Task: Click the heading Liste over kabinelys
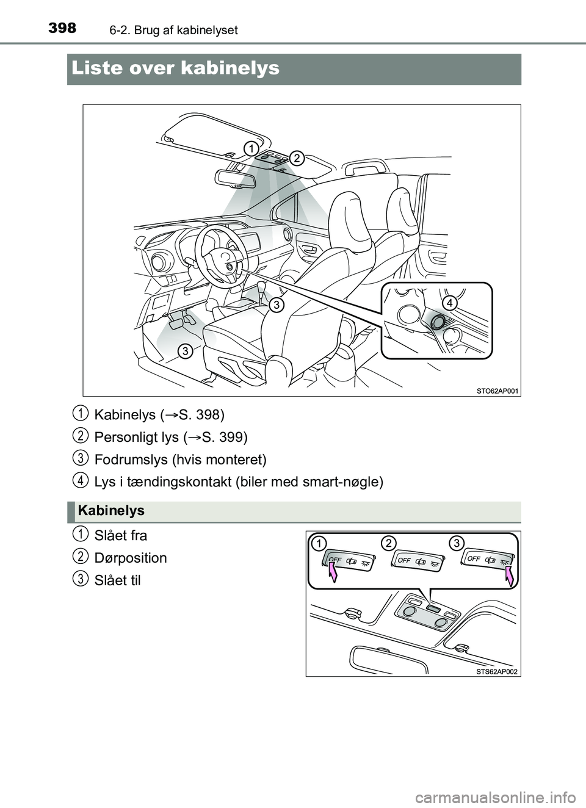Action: tap(175, 68)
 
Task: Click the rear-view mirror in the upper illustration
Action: tap(236, 178)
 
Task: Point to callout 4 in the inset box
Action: tap(449, 303)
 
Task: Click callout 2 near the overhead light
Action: tap(297, 158)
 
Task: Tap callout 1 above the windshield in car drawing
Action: tap(250, 148)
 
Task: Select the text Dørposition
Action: tap(131, 558)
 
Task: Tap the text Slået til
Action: tap(118, 580)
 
